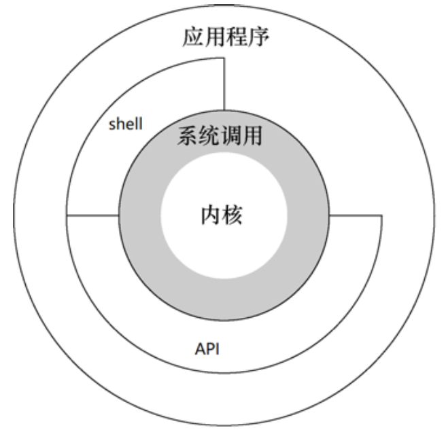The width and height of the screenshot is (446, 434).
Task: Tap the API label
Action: coord(209,350)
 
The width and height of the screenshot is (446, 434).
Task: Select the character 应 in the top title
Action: coord(192,37)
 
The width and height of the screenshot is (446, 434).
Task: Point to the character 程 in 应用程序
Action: coord(237,37)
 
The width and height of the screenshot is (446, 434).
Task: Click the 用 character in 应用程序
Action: coord(215,37)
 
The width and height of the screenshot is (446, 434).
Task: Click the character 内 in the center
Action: coord(210,216)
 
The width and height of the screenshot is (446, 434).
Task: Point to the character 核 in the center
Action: coord(233,216)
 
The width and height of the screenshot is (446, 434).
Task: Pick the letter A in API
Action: coord(201,350)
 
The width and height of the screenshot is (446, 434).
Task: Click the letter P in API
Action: coord(210,350)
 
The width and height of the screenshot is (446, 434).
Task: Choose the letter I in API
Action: coord(218,350)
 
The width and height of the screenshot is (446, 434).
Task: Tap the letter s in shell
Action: coord(112,126)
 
